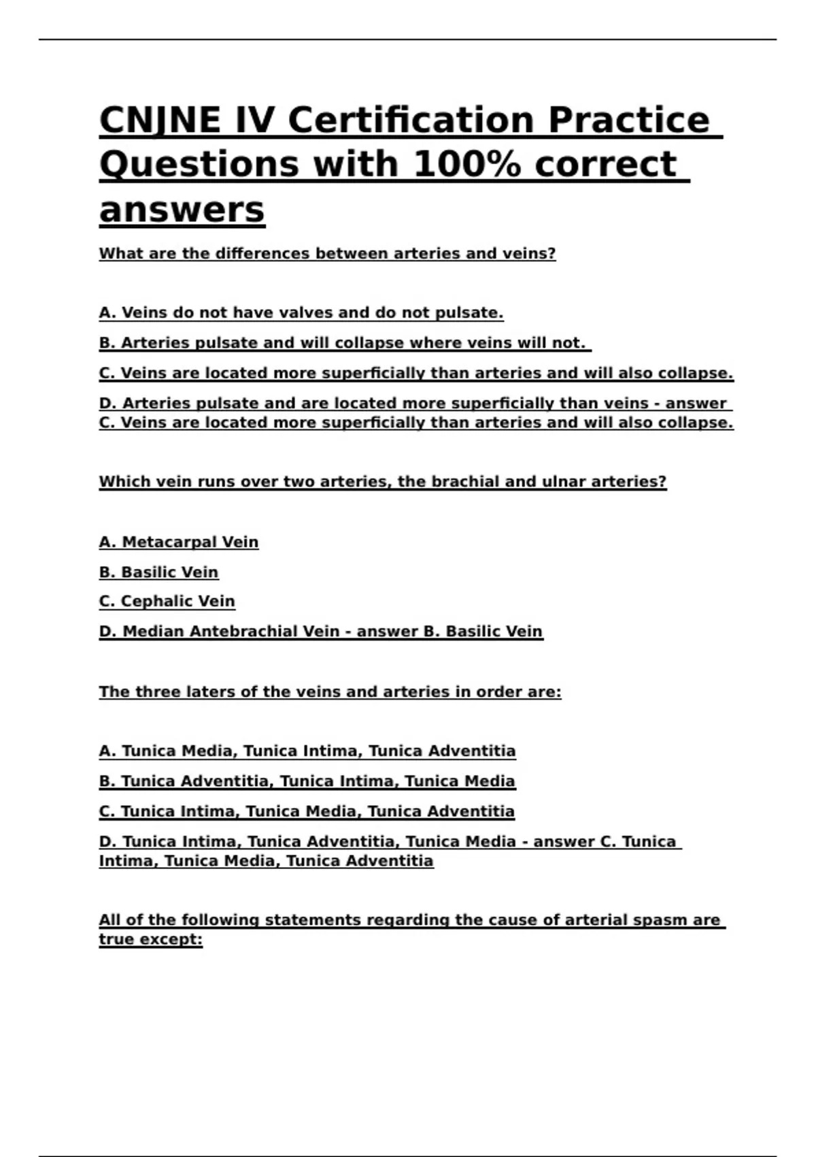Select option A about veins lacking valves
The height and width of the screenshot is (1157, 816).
[301, 313]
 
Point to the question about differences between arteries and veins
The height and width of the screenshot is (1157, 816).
[327, 254]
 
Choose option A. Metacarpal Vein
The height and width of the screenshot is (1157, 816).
[178, 542]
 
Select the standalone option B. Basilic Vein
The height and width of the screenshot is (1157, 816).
[158, 572]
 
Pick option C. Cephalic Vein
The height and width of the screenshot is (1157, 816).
[167, 602]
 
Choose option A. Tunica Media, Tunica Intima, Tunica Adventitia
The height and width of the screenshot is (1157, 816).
[307, 751]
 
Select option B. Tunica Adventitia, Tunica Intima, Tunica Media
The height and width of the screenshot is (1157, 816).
[307, 781]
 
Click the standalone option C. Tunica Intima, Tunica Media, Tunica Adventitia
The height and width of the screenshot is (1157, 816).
[306, 811]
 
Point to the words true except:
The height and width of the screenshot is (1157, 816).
[150, 940]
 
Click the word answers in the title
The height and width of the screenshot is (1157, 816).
[182, 210]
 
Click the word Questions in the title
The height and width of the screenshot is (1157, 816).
[199, 165]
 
